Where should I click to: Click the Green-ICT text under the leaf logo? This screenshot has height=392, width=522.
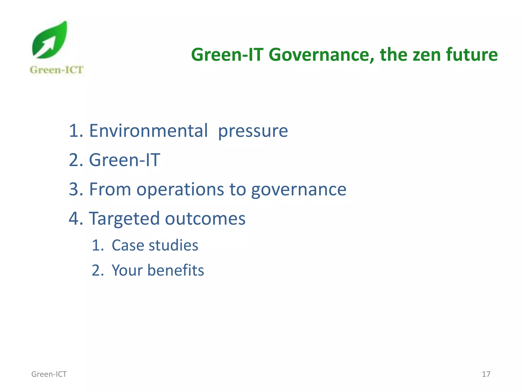pos(57,70)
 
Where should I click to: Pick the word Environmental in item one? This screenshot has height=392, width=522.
pos(148,131)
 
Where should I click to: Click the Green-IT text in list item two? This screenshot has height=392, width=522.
pos(124,160)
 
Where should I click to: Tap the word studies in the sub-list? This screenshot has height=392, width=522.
pos(173,245)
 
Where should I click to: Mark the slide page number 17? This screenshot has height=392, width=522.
pos(486,374)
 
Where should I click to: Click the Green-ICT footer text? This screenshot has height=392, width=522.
pos(49,374)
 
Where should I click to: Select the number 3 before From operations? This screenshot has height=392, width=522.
pos(74,189)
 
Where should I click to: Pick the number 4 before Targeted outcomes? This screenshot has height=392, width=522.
pos(74,219)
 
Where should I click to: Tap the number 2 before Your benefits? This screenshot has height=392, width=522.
pos(96,270)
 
